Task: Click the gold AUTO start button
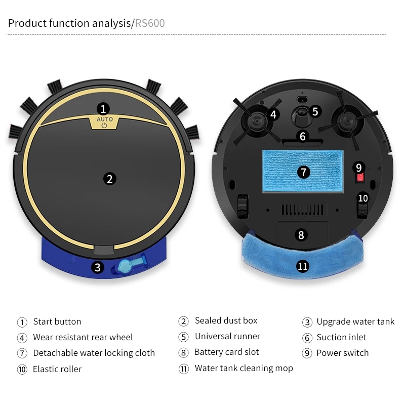click(x=104, y=122)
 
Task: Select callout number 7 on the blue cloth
click(x=303, y=172)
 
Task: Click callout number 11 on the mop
click(x=303, y=266)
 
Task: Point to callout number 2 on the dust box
click(x=109, y=178)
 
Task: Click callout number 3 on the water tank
click(x=98, y=267)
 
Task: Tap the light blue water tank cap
click(x=124, y=267)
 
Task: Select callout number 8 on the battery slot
click(x=301, y=235)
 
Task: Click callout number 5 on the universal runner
click(x=315, y=111)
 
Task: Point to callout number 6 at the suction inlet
click(x=303, y=136)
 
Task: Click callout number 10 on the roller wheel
click(x=363, y=198)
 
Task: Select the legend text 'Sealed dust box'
click(x=226, y=321)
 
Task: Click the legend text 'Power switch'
click(x=342, y=353)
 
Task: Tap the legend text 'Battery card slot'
click(x=226, y=352)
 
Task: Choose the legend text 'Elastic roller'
click(x=57, y=369)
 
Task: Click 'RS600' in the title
click(x=150, y=23)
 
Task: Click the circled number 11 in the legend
click(x=183, y=369)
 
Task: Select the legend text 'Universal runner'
click(x=227, y=337)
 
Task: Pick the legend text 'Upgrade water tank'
click(x=355, y=321)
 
